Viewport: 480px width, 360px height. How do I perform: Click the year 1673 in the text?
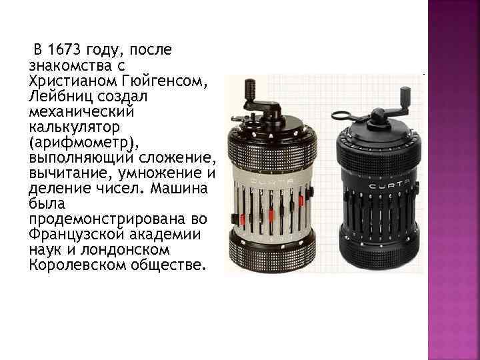tap(64, 49)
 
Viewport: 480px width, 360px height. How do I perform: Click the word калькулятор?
tap(67, 126)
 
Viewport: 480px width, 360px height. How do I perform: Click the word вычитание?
tap(62, 173)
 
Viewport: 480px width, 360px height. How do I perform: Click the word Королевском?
tap(73, 265)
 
